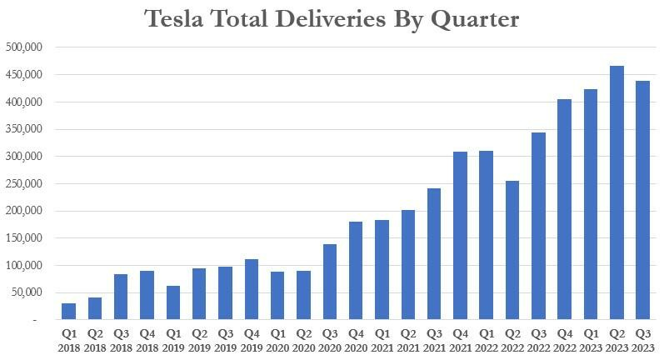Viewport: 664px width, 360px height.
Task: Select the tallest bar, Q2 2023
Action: coord(617,192)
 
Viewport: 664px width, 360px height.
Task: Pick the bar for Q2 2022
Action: coord(512,250)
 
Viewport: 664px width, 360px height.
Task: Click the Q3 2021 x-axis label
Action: coord(434,340)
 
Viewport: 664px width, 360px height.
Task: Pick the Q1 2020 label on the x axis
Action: coord(277,340)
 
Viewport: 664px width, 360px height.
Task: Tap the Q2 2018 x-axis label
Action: coord(94,340)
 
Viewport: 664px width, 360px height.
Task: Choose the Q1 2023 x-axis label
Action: coord(591,340)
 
